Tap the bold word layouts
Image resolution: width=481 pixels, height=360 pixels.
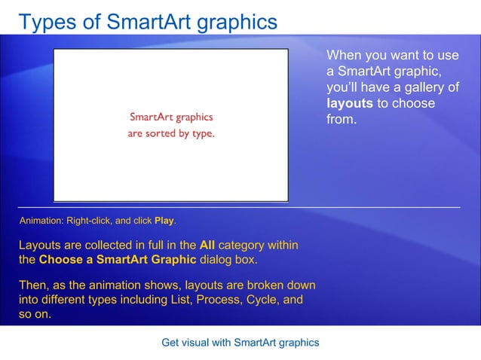point(349,103)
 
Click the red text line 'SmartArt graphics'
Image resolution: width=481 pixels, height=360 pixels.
point(171,117)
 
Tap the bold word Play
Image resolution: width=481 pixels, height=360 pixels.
point(164,221)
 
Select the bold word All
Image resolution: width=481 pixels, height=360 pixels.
point(207,246)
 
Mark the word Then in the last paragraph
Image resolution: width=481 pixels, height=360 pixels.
point(32,285)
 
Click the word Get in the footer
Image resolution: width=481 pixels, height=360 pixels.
point(171,343)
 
